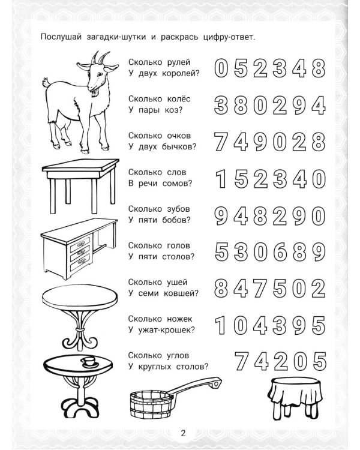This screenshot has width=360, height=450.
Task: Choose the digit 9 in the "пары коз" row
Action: click(299, 106)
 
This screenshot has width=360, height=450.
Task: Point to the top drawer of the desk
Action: click(80, 246)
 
